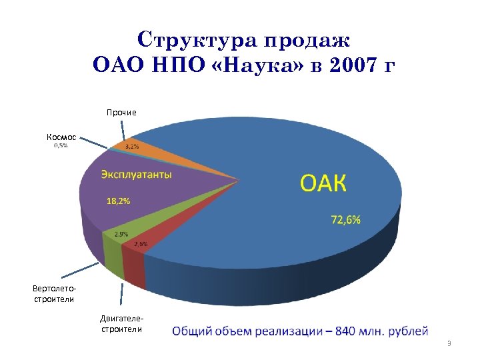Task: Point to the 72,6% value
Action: pyautogui.click(x=345, y=220)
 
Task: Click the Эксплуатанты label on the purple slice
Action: pyautogui.click(x=136, y=175)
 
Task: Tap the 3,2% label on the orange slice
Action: pyautogui.click(x=132, y=147)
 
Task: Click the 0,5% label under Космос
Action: pyautogui.click(x=60, y=146)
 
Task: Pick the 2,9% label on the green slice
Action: pyautogui.click(x=121, y=234)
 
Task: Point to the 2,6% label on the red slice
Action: pyautogui.click(x=141, y=243)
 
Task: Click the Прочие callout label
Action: pyautogui.click(x=121, y=112)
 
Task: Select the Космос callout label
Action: pyautogui.click(x=61, y=137)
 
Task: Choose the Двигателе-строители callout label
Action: pyautogui.click(x=121, y=324)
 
